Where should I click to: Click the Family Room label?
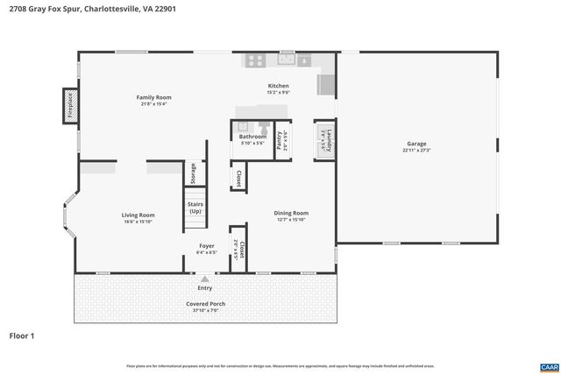[x=153, y=97]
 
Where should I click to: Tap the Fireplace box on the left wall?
[x=67, y=104]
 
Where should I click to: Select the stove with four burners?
[x=255, y=60]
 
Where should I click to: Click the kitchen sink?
[x=303, y=60]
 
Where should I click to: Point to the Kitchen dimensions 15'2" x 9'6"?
[x=278, y=92]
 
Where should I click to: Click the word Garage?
[x=415, y=144]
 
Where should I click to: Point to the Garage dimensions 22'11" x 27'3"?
[x=415, y=150]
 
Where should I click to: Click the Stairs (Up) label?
[x=194, y=208]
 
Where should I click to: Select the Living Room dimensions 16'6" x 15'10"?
[x=138, y=222]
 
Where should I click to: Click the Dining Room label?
[x=291, y=213]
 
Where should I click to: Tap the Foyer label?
[x=205, y=246]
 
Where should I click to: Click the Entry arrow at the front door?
[x=205, y=279]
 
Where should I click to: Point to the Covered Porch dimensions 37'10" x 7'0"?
[x=205, y=310]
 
